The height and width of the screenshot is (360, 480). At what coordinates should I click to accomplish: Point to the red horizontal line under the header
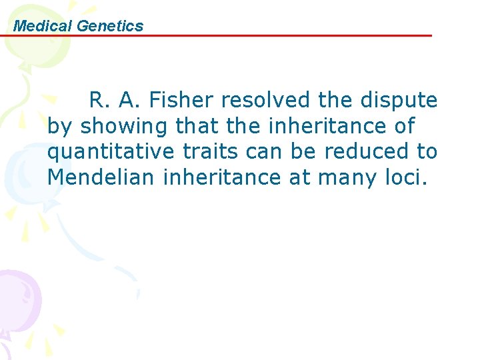(x=267, y=36)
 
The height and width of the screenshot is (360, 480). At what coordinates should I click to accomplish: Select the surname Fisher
(x=183, y=100)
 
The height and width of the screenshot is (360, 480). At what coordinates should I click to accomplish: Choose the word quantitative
(x=111, y=152)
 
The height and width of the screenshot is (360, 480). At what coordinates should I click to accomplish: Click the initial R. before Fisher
(x=99, y=100)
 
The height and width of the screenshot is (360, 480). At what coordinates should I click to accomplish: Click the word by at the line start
(x=59, y=126)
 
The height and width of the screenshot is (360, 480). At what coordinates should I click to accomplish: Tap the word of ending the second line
(x=404, y=126)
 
